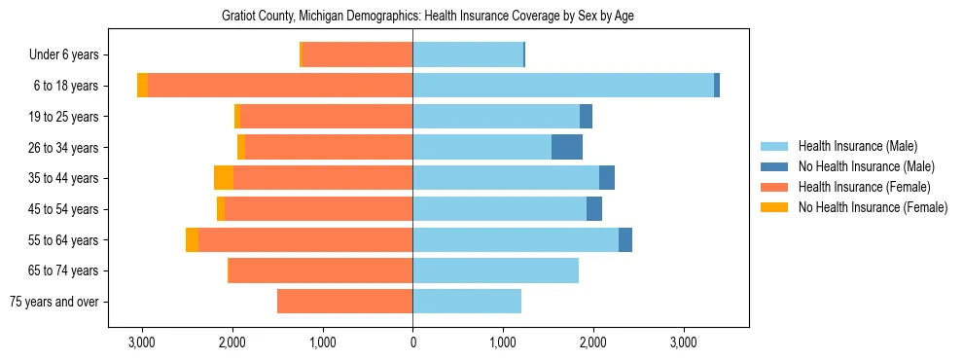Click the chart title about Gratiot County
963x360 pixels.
point(412,17)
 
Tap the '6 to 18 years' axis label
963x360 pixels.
point(66,86)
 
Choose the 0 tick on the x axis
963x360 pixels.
point(412,342)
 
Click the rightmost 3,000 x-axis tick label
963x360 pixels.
point(683,342)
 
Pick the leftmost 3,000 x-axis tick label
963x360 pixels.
point(142,342)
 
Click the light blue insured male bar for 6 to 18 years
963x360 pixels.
point(563,86)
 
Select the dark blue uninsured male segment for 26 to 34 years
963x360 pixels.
point(567,147)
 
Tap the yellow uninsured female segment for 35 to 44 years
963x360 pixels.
point(224,178)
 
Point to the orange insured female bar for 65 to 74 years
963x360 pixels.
point(320,270)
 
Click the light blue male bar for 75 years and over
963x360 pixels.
point(467,302)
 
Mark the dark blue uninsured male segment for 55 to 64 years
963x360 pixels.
point(625,239)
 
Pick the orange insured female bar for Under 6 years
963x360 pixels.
point(358,54)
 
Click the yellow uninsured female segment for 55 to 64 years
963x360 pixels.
point(192,239)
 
